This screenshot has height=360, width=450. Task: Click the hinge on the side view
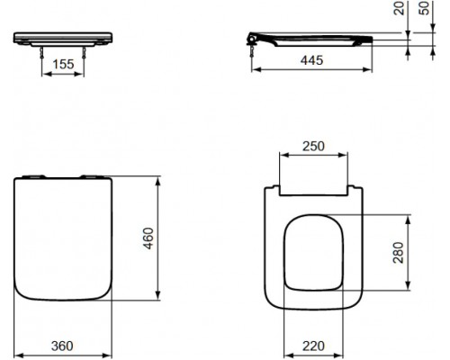[x=254, y=39]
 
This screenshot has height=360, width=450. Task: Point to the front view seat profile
[x=65, y=38]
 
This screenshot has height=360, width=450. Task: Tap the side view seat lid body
[x=315, y=40]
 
